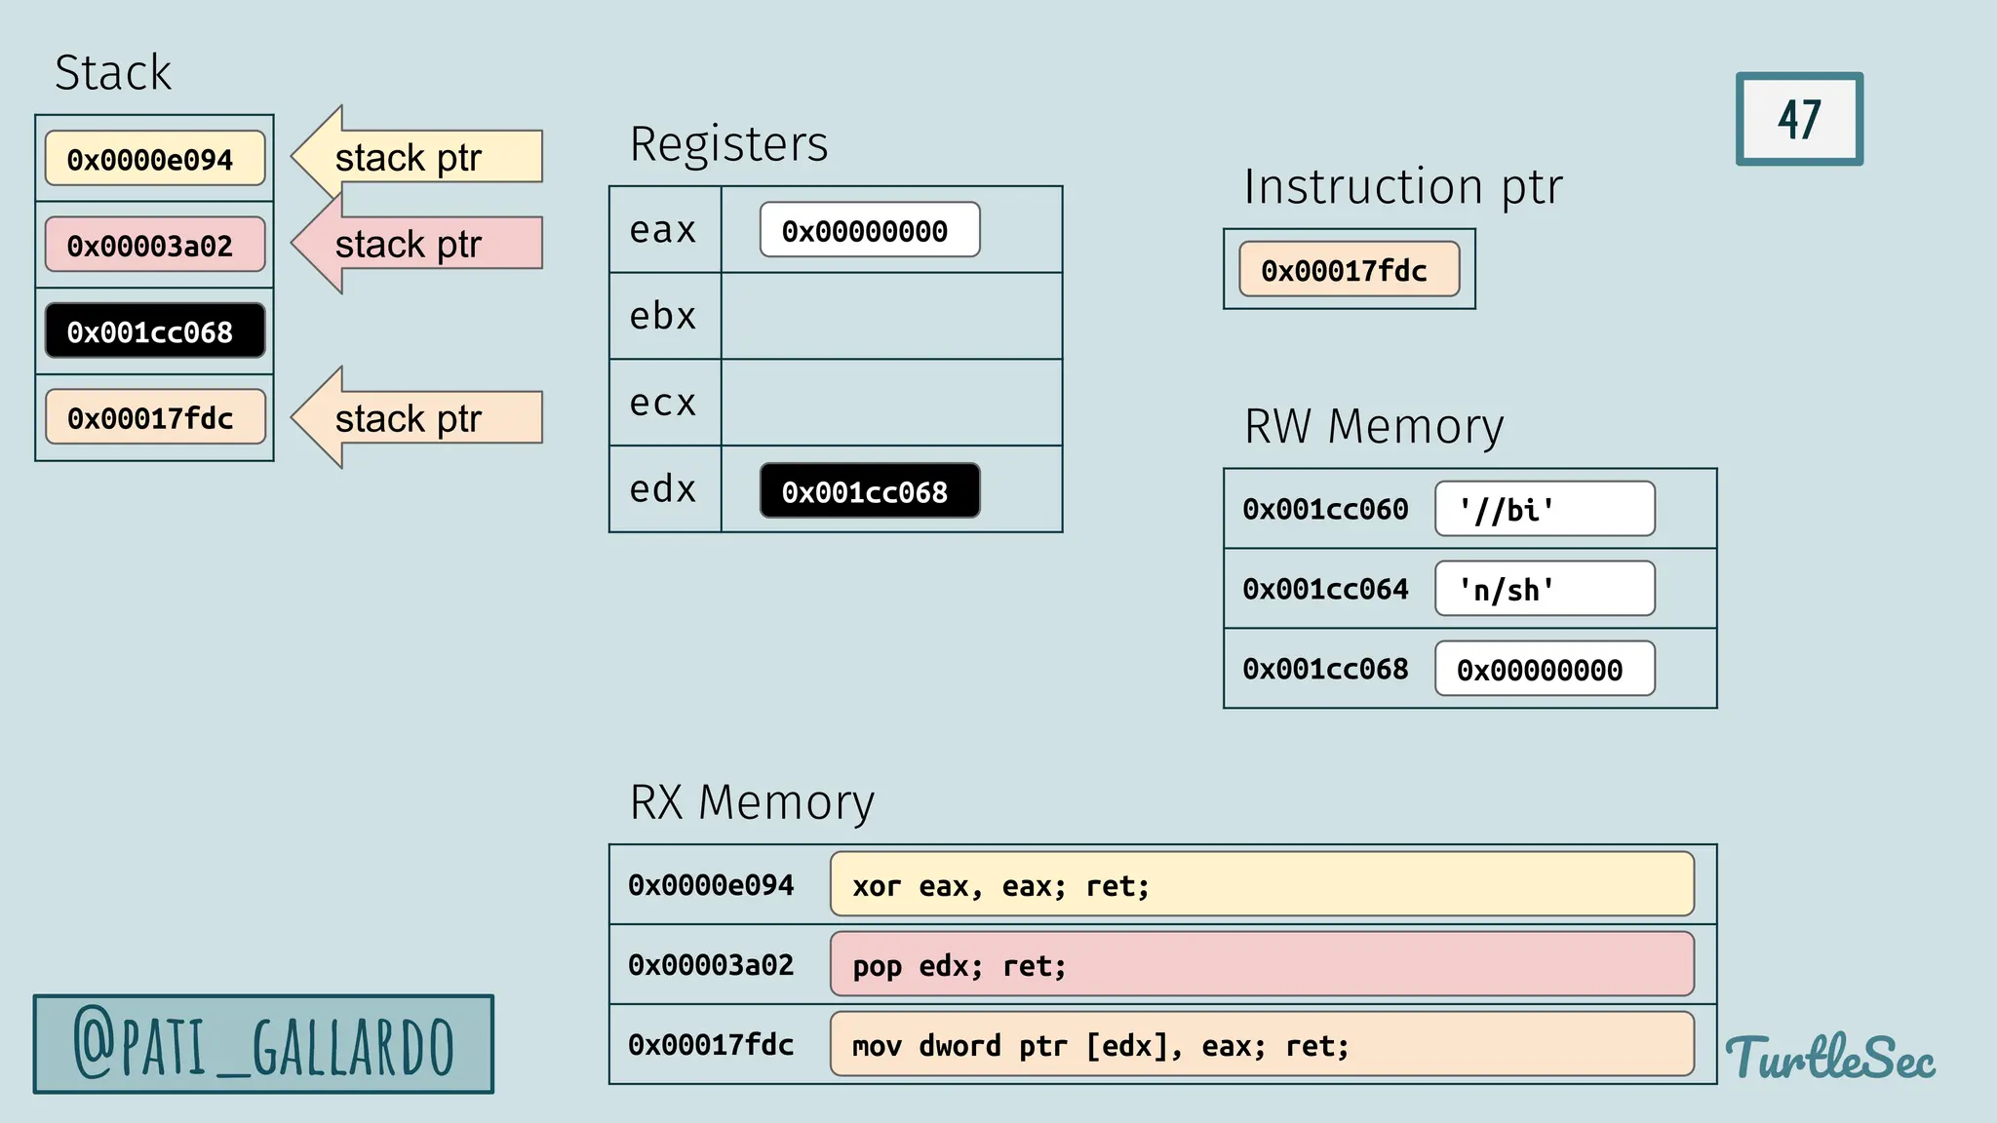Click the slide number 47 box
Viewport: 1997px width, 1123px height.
pos(1799,119)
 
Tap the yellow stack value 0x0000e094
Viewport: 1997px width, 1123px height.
pos(155,159)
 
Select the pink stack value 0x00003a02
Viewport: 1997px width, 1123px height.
pos(155,245)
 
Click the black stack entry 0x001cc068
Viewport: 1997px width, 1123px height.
pos(155,331)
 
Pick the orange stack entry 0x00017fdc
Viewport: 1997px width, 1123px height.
pos(155,417)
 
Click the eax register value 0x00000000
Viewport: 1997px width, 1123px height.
pos(869,230)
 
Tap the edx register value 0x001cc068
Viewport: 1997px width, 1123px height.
pos(869,491)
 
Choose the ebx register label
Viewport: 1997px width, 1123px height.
pos(663,316)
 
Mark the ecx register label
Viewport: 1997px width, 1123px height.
pos(663,403)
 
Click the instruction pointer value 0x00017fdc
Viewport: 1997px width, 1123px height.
pos(1349,270)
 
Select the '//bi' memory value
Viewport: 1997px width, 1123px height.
pos(1545,509)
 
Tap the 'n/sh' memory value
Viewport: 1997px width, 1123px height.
pos(1545,589)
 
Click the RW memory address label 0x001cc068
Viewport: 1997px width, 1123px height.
pos(1325,669)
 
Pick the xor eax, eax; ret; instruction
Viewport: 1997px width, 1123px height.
pos(1262,884)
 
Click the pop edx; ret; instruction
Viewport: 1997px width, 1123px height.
pos(1262,964)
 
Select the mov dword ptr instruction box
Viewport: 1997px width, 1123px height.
pos(1262,1044)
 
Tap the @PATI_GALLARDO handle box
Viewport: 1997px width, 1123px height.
pos(263,1044)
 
